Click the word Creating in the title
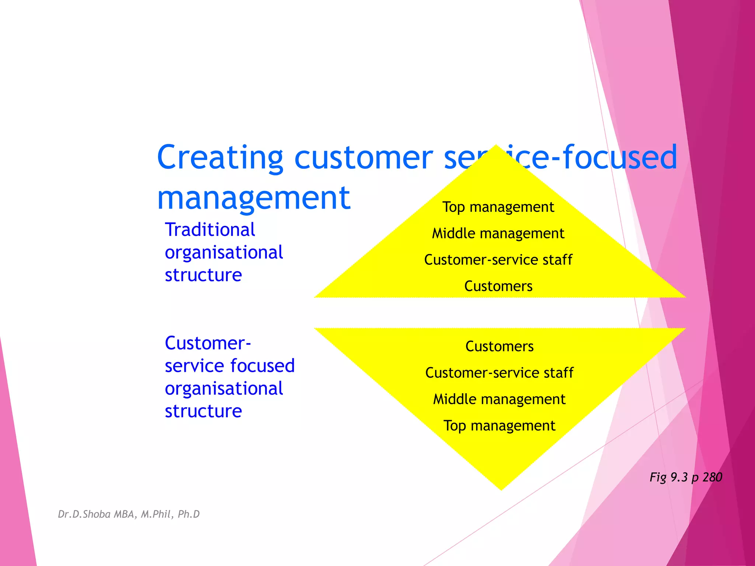click(x=220, y=158)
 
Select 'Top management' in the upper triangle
click(x=498, y=207)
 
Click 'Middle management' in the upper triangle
click(x=498, y=234)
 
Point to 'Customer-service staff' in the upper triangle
click(x=498, y=260)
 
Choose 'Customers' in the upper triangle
click(x=498, y=286)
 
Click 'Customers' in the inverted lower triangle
click(x=499, y=346)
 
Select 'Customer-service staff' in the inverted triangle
click(x=499, y=373)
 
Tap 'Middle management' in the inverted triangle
click(x=499, y=399)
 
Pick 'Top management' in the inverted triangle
click(x=499, y=426)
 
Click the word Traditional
click(x=210, y=230)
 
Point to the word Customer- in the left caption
click(x=208, y=343)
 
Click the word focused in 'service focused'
click(x=262, y=366)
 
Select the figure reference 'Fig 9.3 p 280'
click(x=686, y=478)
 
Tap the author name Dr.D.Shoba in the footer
click(x=84, y=514)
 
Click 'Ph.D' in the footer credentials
click(x=188, y=514)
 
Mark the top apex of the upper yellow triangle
click(x=496, y=146)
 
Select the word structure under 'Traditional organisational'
click(x=203, y=275)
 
